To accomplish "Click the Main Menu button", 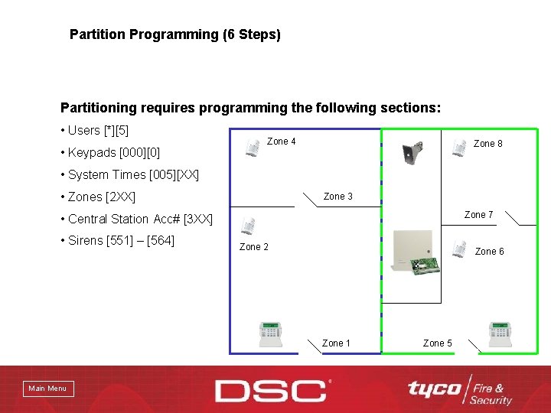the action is (x=47, y=389).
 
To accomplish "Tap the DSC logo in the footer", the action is (x=272, y=390).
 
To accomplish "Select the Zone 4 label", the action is (x=281, y=141).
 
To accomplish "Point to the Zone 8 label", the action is (x=488, y=144).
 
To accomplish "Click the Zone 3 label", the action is (x=338, y=197).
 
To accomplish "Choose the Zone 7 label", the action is (x=478, y=215).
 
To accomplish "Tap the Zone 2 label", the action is (x=254, y=246).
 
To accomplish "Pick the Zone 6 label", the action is (x=490, y=252).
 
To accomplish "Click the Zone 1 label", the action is (x=337, y=343).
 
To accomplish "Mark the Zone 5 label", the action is (x=438, y=343).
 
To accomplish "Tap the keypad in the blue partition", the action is (x=269, y=334).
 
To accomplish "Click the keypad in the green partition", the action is (x=500, y=334).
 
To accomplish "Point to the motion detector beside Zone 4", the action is (x=253, y=148).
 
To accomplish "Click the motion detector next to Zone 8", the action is (x=459, y=146).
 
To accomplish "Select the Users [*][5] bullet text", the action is (x=99, y=130).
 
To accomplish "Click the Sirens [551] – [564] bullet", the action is (x=121, y=241).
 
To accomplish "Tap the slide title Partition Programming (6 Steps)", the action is (x=175, y=34).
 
